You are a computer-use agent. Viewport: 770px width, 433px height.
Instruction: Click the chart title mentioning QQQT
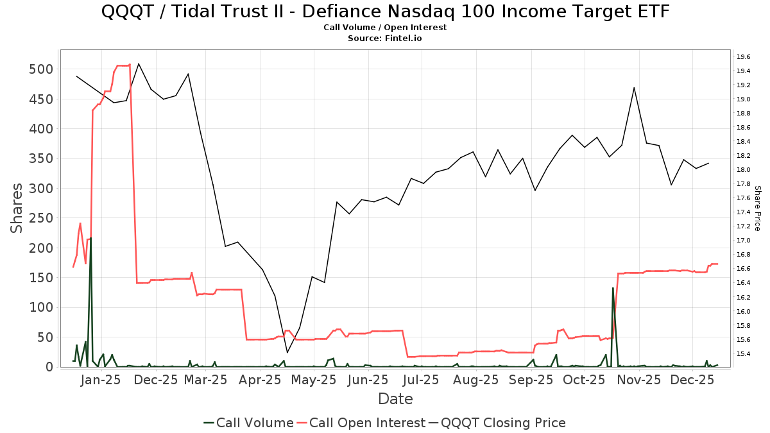click(385, 12)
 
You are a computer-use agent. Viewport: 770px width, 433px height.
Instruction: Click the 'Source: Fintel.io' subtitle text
click(385, 38)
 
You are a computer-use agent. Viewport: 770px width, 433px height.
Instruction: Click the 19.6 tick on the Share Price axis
click(744, 56)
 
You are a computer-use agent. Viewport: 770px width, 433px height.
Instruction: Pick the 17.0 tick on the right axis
click(744, 241)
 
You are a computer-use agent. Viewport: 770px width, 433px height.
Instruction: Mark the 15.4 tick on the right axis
click(744, 354)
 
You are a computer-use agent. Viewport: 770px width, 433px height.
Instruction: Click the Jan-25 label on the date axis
click(101, 380)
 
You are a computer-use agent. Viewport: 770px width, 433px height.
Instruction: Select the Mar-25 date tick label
click(207, 380)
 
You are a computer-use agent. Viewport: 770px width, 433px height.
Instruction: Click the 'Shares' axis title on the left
click(17, 208)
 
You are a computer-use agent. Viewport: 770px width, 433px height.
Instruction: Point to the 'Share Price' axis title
click(757, 208)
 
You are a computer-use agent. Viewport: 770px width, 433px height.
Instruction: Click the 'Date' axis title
click(395, 399)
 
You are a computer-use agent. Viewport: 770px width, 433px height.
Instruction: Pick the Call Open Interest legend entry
click(367, 423)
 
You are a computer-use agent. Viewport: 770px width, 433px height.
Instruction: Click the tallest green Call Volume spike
click(90, 239)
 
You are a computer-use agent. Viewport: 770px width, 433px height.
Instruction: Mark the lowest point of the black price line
click(287, 352)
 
